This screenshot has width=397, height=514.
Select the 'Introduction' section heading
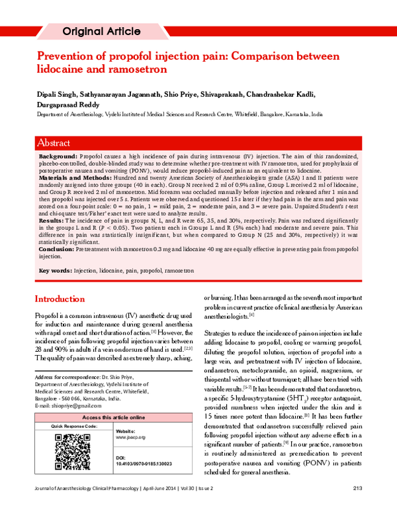60,299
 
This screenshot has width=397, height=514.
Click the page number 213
357,507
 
